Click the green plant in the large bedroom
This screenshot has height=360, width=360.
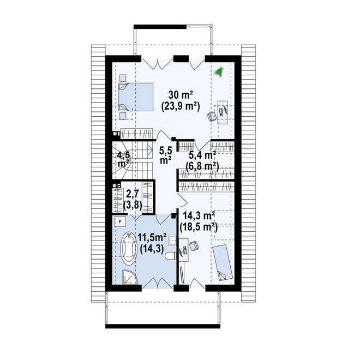tap(218, 71)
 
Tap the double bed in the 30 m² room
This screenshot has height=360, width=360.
tap(136, 97)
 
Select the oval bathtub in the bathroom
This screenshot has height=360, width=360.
tap(129, 248)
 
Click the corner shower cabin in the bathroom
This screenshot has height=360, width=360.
tap(129, 277)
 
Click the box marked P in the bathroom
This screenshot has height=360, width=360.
tap(120, 221)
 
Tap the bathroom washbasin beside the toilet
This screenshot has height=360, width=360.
tap(172, 241)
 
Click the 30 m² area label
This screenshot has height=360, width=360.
tap(181, 95)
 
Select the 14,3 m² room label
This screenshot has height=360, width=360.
tap(199, 215)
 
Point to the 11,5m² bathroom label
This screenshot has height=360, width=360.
tap(152, 237)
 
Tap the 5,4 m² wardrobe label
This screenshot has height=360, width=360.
tap(202, 155)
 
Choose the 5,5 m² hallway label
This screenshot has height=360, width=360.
tap(165, 155)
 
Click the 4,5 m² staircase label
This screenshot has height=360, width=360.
tap(123, 159)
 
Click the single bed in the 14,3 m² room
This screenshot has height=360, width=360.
tap(222, 263)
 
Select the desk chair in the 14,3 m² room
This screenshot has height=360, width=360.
tap(194, 246)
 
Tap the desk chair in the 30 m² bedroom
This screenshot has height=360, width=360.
tap(212, 116)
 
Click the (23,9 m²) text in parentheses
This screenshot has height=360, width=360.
tap(181, 106)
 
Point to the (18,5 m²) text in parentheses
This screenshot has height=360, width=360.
tap(199, 227)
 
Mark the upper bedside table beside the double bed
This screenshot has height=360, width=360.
tap(123, 78)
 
